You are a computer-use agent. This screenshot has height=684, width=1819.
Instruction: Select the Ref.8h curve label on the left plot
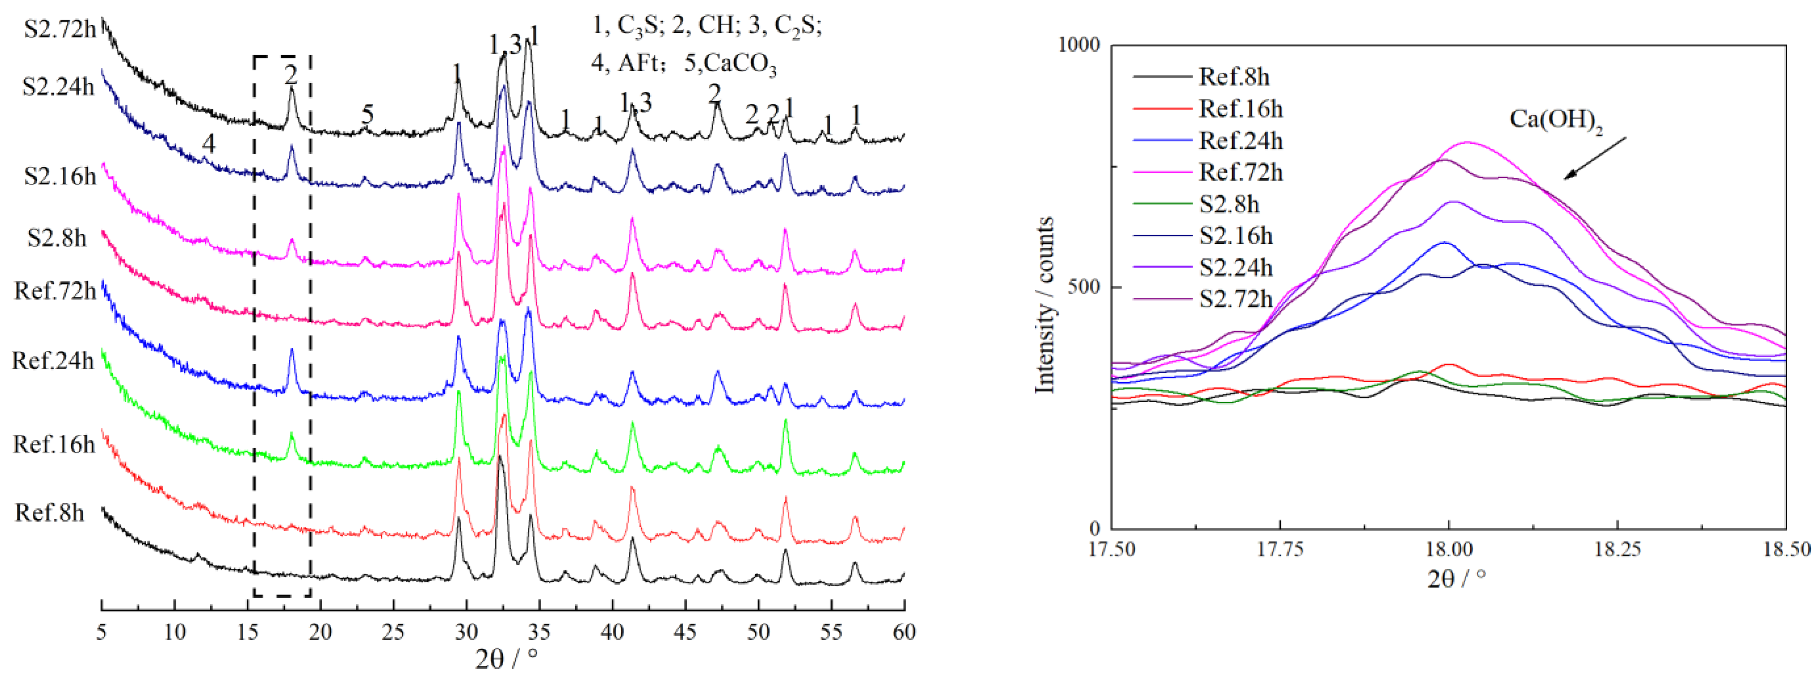point(49,512)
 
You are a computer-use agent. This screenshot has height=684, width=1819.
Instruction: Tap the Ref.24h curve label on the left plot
point(53,361)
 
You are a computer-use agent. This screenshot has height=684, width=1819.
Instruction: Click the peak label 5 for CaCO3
point(367,114)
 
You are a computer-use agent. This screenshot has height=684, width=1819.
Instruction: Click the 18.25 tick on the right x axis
point(1617,549)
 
